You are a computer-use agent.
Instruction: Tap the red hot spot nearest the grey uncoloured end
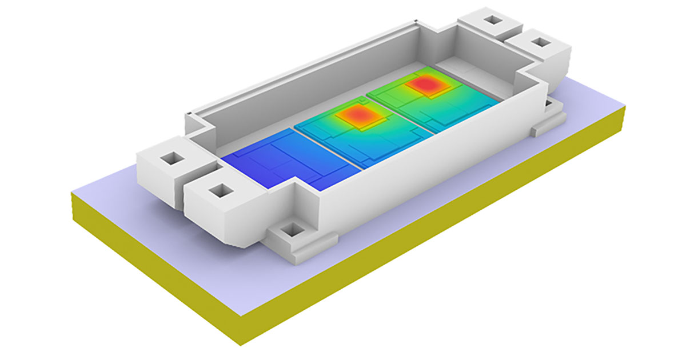pyautogui.click(x=425, y=85)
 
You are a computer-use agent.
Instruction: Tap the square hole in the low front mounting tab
pyautogui.click(x=293, y=230)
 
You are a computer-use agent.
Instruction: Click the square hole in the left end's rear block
pyautogui.click(x=170, y=157)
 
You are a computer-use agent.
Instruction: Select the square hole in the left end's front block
pyautogui.click(x=218, y=191)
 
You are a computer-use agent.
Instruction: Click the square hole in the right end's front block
pyautogui.click(x=539, y=43)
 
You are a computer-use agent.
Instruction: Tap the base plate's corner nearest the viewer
pyautogui.click(x=240, y=337)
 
